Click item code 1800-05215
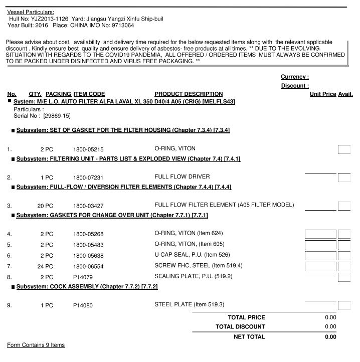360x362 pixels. pos(88,149)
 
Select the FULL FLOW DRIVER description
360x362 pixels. pos(182,177)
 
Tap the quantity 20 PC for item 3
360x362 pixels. pos(45,206)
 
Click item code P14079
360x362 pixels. pos(83,276)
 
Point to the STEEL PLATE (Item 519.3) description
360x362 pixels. pos(189,305)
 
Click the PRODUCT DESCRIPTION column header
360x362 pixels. pos(189,94)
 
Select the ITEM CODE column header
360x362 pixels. pos(89,94)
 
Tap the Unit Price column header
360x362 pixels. pos(323,94)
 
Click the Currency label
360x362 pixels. pos(295,77)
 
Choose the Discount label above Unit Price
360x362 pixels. pos(295,86)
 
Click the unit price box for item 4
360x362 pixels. pos(320,234)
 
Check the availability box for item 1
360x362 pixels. pos(344,149)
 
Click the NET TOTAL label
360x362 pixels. pos(249,337)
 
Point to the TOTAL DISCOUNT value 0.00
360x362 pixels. pos(330,327)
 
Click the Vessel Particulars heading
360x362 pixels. pos(31,12)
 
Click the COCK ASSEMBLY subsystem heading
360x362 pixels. pos(87,287)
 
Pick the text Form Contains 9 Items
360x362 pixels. pos(36,345)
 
